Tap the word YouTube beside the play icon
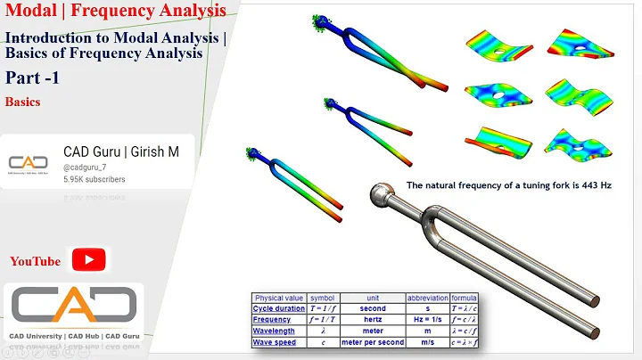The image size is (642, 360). point(35,261)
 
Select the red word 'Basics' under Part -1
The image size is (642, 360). point(22,102)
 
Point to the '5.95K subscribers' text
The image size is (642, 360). point(95,179)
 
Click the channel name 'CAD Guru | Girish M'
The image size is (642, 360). point(120,152)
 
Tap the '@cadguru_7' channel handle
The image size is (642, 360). point(84,167)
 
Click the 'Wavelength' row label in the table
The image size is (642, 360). point(276,331)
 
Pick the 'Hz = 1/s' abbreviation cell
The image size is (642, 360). point(426,319)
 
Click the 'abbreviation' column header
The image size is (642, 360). point(426,297)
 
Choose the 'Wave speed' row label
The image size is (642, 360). point(276,342)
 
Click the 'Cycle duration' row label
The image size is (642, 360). point(278,308)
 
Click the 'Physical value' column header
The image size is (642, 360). point(278,297)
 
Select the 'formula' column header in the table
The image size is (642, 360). point(465,297)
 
